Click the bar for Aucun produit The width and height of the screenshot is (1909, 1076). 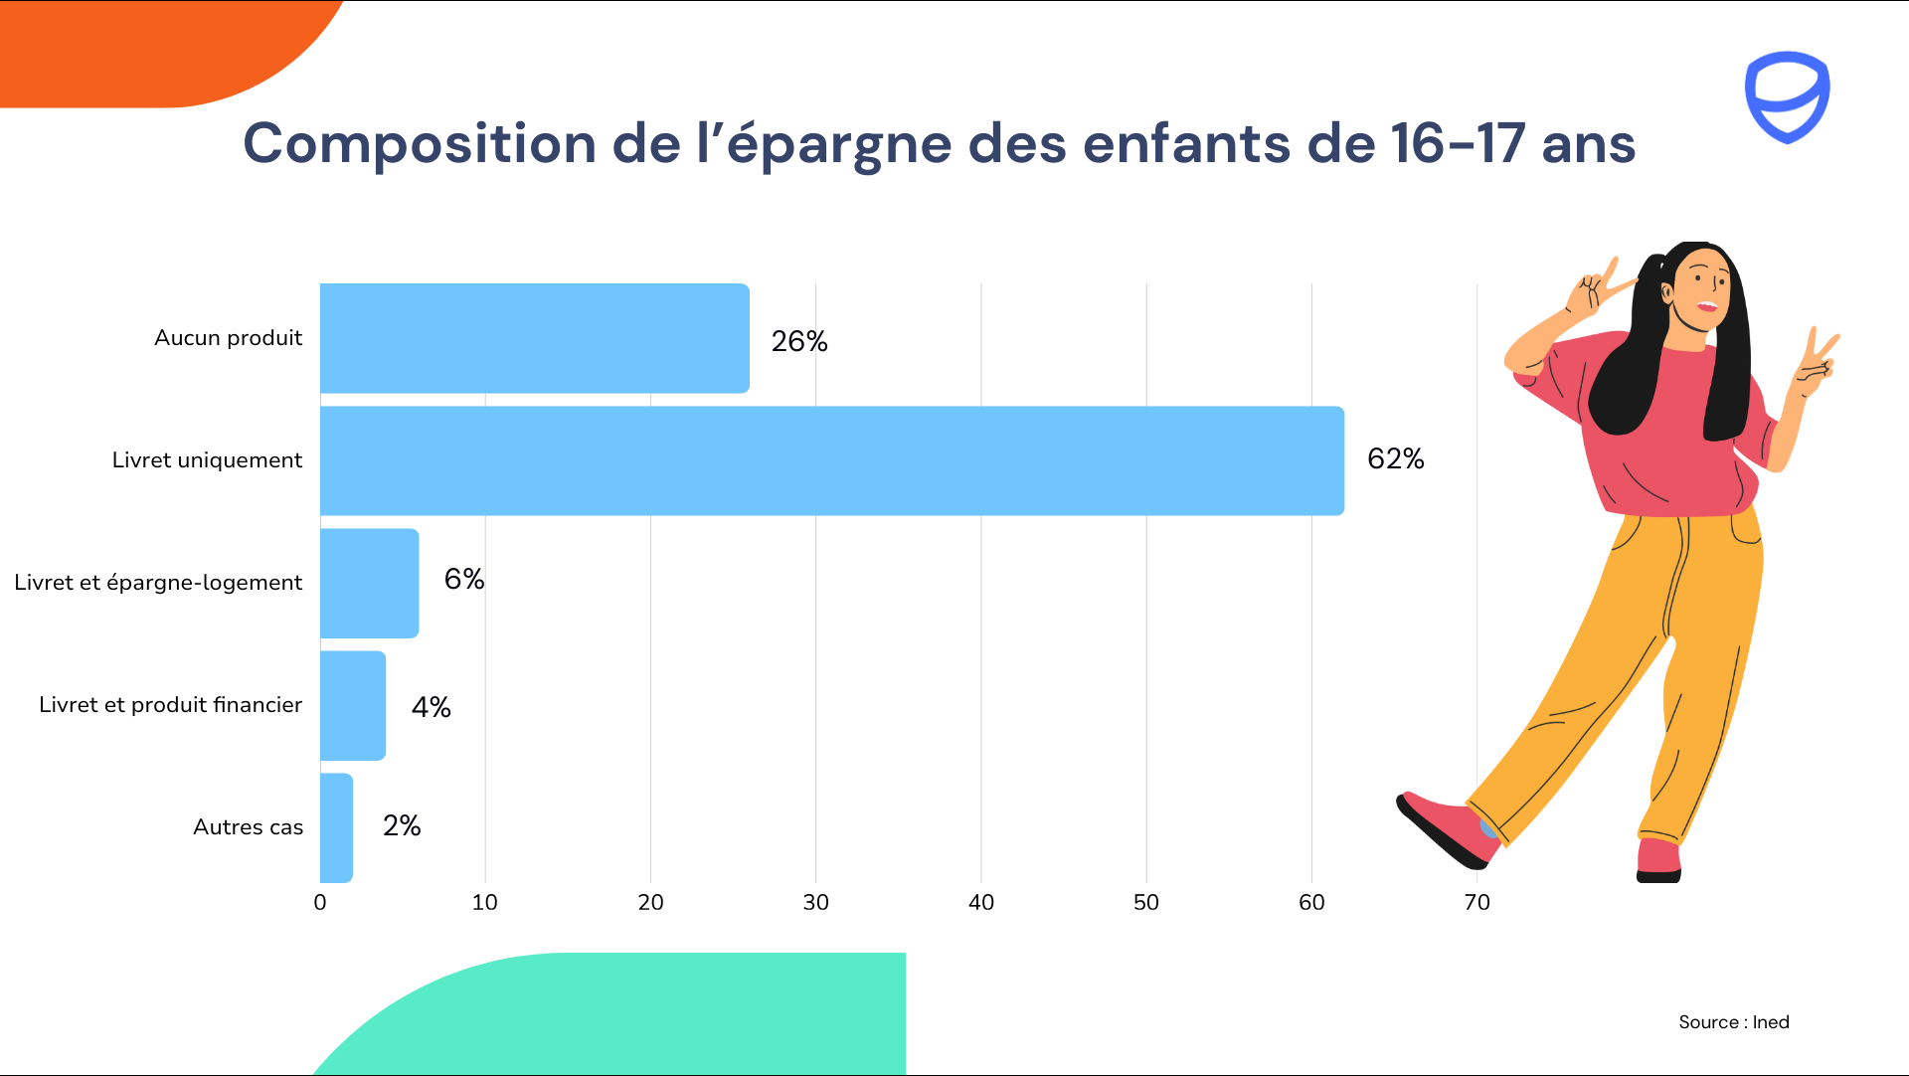534,338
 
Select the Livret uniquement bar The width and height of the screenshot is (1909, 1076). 831,460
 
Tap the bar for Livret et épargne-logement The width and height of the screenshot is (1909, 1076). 369,583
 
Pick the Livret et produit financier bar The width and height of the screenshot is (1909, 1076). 352,705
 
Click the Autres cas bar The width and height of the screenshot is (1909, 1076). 336,827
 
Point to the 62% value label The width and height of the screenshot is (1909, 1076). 1395,458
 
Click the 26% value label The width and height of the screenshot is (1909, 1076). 798,341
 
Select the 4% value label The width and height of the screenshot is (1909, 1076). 431,707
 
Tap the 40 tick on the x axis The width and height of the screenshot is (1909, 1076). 980,902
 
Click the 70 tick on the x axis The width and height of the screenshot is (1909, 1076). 1476,902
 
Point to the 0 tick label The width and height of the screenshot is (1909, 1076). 320,902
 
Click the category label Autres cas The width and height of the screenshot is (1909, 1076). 248,827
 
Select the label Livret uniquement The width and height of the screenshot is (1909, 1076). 207,460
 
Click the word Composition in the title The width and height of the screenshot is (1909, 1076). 420,144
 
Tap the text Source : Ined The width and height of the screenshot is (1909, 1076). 1733,1022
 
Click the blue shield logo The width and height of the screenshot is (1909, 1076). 1787,96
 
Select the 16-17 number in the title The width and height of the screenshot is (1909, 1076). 1457,144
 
